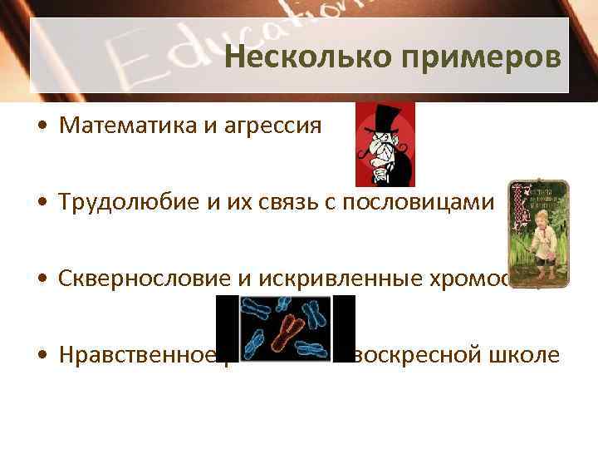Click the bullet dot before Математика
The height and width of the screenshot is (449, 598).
42,127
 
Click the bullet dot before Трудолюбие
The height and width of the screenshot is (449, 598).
42,204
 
